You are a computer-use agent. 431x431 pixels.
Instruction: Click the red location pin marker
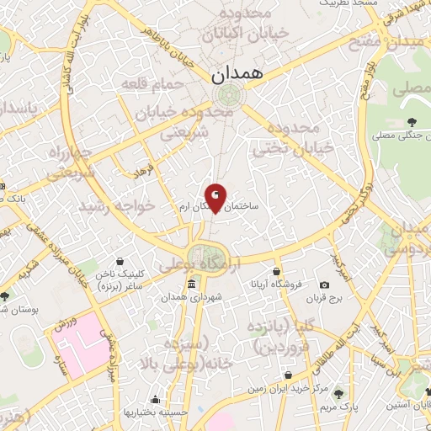coord(216,197)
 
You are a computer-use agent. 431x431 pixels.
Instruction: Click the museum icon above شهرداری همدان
coord(193,283)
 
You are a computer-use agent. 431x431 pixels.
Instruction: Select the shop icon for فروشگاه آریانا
coord(276,271)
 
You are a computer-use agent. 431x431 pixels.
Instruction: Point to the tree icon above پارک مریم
coord(338,393)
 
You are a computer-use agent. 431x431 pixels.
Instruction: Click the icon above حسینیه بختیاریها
coord(154,400)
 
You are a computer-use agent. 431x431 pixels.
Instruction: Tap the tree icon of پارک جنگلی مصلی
coord(412,123)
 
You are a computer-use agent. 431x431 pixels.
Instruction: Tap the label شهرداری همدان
coord(186,297)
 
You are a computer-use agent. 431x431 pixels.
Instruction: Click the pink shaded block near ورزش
coord(80,345)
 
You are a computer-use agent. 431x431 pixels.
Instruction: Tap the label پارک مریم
coord(336,407)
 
